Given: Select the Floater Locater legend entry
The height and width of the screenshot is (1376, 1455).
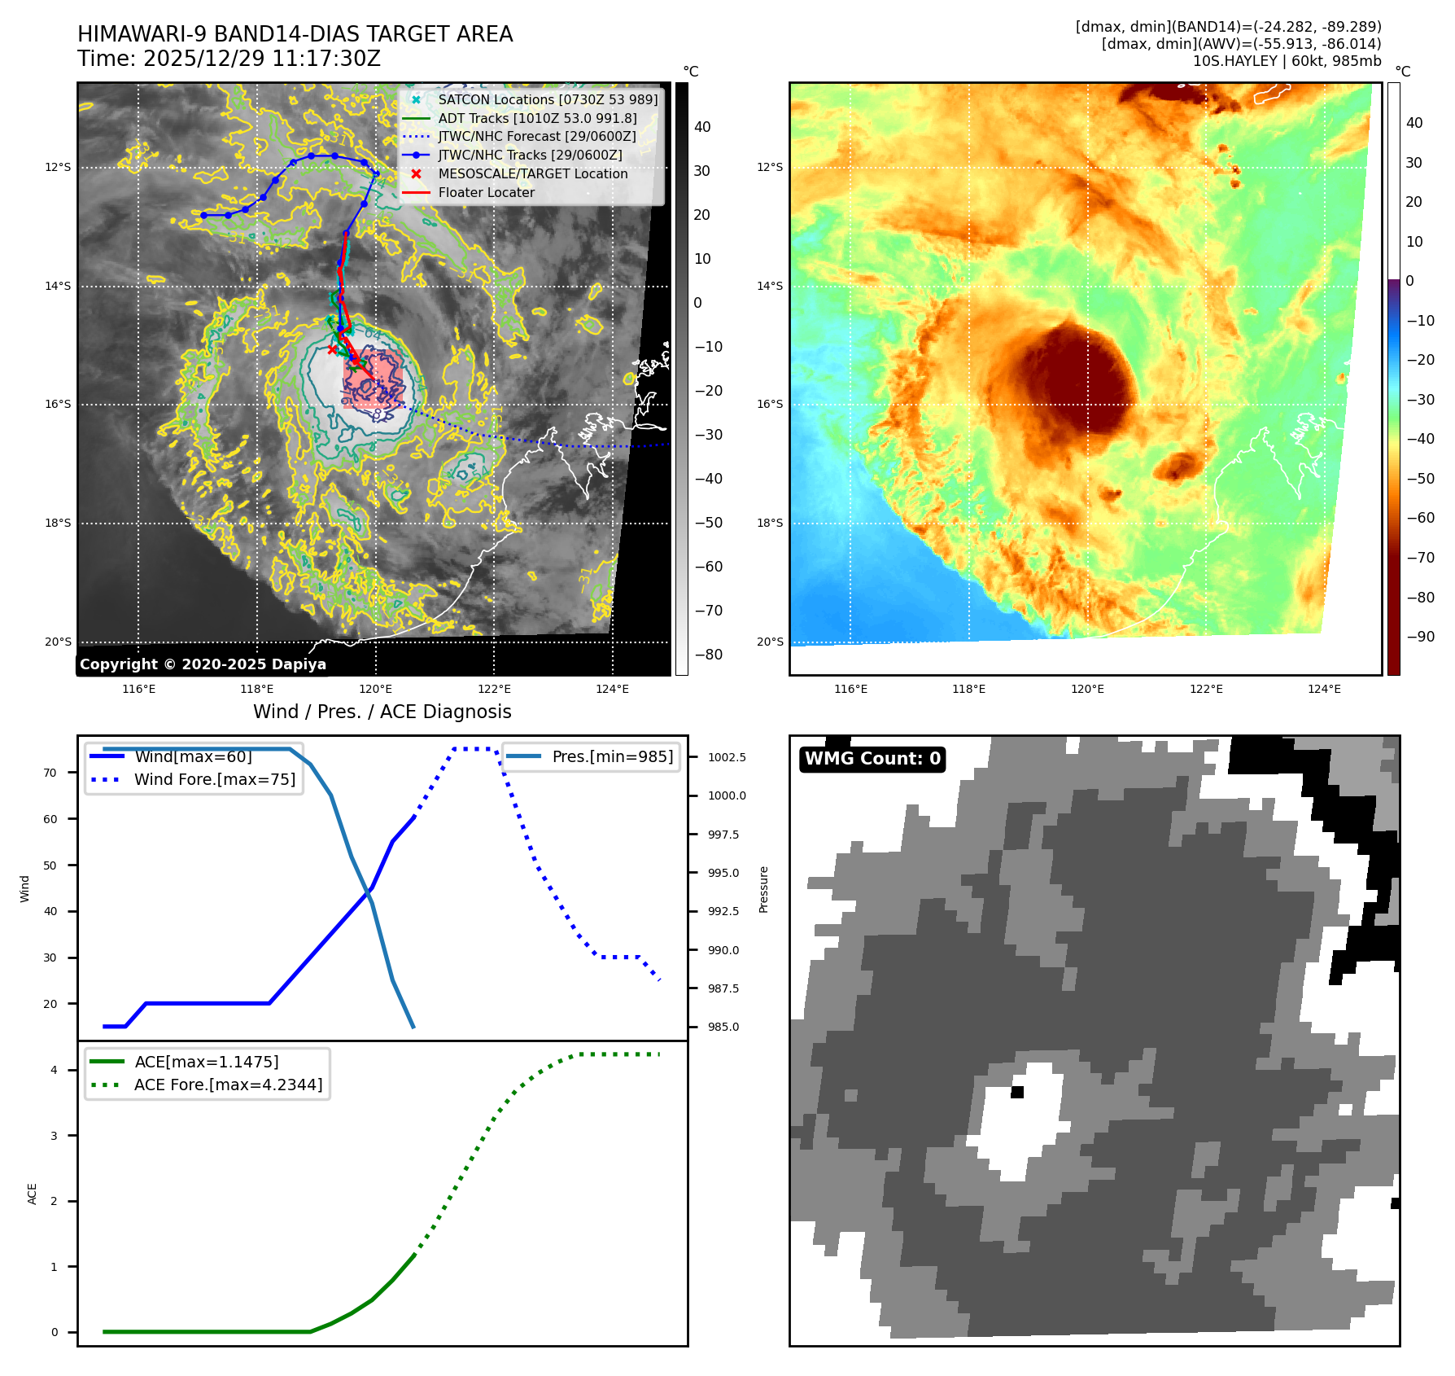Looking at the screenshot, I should [x=486, y=192].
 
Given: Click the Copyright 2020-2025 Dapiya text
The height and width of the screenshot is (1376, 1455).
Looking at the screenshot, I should [x=203, y=664].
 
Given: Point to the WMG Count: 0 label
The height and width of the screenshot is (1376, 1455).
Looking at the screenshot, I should [x=872, y=759].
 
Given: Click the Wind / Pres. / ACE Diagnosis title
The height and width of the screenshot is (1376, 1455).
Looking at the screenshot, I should [x=382, y=712].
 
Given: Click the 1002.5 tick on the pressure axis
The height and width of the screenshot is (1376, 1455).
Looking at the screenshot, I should [x=726, y=757].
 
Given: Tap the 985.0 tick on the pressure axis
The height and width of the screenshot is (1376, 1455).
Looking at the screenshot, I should [x=723, y=1027].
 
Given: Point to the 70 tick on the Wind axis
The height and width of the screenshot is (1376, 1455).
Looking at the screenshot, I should [x=50, y=773].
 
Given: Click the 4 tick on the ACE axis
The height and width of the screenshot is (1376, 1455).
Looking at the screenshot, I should [x=55, y=1070].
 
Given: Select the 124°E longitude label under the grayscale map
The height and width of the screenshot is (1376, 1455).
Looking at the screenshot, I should [x=612, y=689].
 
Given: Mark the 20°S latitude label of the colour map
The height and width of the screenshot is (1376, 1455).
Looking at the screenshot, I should [x=770, y=642].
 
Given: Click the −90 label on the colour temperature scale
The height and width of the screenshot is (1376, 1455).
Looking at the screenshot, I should [x=1420, y=637].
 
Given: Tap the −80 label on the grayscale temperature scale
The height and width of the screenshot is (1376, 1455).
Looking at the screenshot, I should [x=708, y=655].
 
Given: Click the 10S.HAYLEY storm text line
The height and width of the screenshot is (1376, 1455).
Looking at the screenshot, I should [x=1287, y=61].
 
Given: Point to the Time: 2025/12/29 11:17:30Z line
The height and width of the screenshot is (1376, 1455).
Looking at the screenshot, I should [x=229, y=59].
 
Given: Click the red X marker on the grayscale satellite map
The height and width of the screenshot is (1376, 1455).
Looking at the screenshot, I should [x=332, y=349].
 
